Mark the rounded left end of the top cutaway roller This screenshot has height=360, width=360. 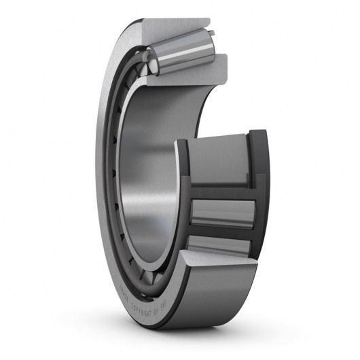pos(154,65)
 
